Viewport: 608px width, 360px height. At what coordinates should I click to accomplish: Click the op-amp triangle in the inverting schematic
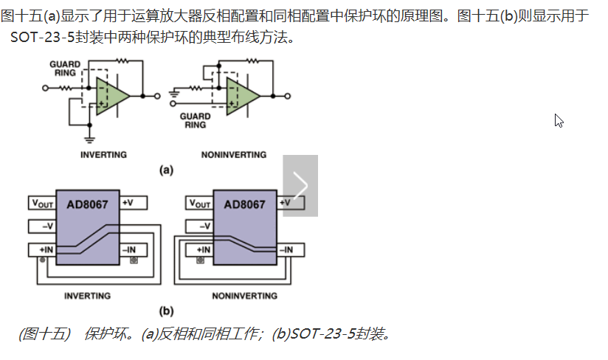point(111,96)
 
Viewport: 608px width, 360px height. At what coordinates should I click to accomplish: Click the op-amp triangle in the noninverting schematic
point(241,96)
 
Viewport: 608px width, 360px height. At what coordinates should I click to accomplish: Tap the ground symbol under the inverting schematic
point(89,139)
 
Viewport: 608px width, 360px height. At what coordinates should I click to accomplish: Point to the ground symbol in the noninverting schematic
point(174,94)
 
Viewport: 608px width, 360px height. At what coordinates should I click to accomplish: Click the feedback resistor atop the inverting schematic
point(122,60)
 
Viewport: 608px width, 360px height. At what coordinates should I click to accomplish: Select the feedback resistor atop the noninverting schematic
point(252,60)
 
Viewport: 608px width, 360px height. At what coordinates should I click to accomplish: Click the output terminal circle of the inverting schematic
point(157,96)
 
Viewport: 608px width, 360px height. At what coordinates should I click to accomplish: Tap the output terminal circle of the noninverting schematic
point(287,96)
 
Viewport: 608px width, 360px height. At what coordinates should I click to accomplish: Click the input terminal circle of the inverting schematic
point(45,89)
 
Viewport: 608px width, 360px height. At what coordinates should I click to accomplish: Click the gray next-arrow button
point(300,186)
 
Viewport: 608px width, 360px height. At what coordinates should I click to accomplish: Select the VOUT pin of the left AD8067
point(42,203)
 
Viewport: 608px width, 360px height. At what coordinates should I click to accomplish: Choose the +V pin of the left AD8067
point(134,203)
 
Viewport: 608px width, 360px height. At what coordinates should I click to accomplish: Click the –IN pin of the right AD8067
point(291,250)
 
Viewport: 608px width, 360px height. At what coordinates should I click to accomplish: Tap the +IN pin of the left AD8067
point(42,250)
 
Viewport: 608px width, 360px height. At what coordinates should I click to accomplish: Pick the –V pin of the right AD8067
point(199,226)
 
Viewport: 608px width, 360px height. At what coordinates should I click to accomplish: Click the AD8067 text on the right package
point(245,204)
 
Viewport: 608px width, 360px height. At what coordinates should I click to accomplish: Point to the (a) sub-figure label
point(166,170)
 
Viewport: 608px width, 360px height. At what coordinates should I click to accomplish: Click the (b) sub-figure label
point(166,311)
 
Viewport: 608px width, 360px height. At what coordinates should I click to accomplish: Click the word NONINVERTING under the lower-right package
point(245,296)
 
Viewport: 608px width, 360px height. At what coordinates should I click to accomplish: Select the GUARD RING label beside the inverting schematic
point(65,69)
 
